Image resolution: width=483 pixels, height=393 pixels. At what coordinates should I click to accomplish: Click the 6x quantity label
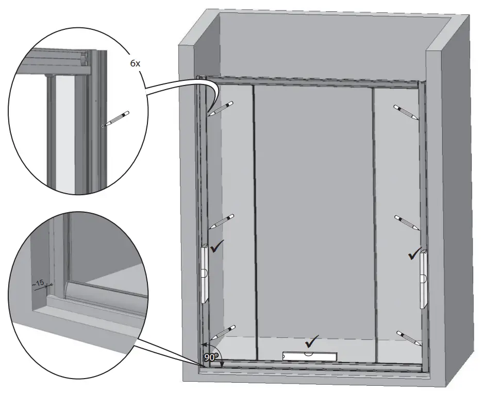135,64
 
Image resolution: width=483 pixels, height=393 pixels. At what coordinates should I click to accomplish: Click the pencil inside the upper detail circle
115,118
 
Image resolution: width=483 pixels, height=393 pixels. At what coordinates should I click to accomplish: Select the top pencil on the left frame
221,108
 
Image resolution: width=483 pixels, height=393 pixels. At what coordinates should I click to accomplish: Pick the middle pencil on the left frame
222,221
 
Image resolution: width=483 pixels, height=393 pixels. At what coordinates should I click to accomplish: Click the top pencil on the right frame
407,113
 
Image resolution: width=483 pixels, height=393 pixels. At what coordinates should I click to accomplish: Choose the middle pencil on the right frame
407,222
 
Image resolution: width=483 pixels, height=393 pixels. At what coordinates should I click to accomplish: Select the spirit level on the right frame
424,278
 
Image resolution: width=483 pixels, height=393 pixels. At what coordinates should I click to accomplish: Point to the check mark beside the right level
414,253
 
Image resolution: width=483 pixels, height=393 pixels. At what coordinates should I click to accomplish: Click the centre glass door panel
313,206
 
